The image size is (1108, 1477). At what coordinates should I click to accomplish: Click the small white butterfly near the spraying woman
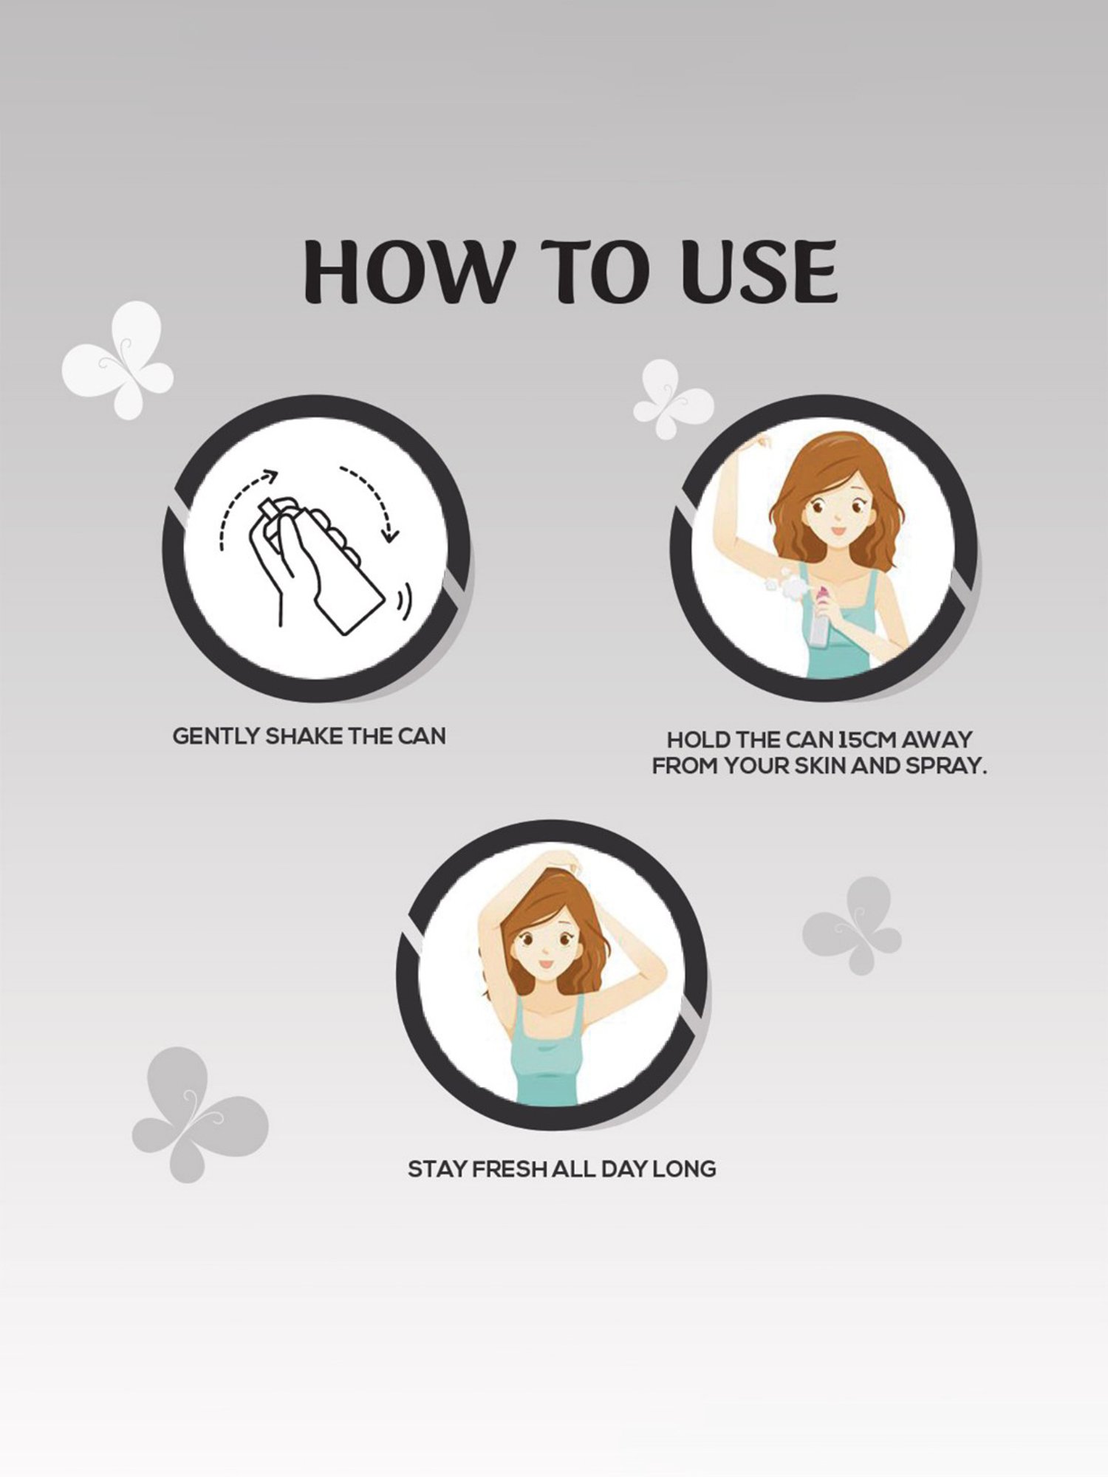click(x=673, y=399)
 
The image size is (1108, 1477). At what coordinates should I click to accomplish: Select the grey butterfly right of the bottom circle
click(x=853, y=925)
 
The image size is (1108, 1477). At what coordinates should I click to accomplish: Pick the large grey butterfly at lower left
click(x=199, y=1114)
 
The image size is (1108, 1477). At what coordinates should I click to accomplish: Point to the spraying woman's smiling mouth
click(x=837, y=530)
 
